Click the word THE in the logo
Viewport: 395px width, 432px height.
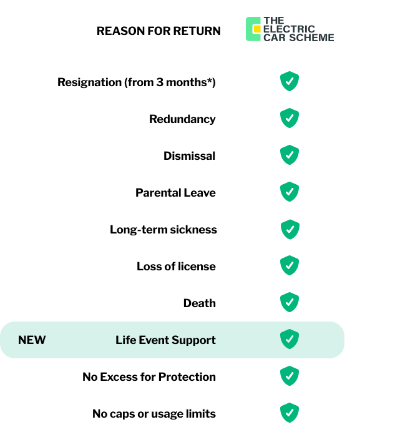[274, 21]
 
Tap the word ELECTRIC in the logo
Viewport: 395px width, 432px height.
[290, 29]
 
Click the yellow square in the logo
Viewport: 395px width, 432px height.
[256, 29]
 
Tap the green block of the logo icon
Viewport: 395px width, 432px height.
[250, 29]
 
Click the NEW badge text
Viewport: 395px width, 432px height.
[32, 340]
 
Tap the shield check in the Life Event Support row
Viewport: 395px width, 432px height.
[290, 339]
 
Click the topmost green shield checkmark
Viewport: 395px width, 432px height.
[290, 81]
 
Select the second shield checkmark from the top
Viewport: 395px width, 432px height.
[290, 118]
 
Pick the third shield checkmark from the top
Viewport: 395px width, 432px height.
[290, 155]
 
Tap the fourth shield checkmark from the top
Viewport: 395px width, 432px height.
[290, 192]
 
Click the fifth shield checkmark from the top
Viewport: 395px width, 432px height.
[290, 229]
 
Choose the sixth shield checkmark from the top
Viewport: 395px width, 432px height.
[290, 265]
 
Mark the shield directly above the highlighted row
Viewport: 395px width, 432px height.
[290, 302]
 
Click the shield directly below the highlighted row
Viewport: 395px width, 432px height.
[290, 376]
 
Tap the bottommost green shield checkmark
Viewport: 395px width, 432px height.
[290, 413]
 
